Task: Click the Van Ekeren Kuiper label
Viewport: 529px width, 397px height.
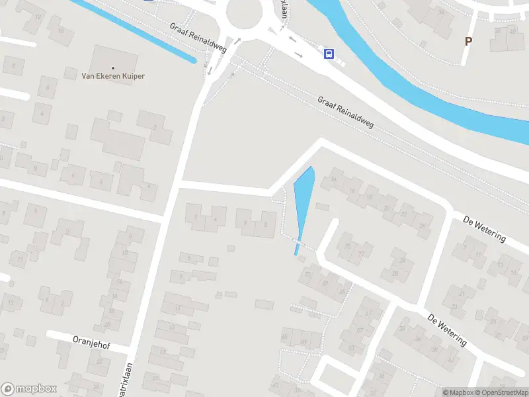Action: point(113,76)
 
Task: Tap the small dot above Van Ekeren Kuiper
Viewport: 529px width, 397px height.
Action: point(113,67)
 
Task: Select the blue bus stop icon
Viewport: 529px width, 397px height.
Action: point(329,54)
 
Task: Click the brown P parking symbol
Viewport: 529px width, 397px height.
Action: point(468,41)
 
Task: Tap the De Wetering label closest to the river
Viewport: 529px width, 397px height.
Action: point(485,228)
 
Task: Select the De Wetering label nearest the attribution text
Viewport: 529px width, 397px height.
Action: point(447,330)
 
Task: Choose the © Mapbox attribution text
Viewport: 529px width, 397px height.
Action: point(458,392)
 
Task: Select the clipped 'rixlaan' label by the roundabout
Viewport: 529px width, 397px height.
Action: point(285,10)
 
